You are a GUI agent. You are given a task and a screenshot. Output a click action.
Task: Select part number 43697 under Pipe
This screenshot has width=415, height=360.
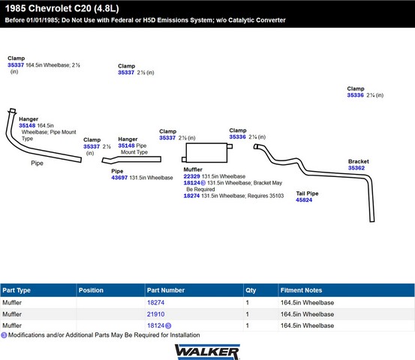(x=119, y=178)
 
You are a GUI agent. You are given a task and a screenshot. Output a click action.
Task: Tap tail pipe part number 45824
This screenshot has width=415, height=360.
(x=304, y=200)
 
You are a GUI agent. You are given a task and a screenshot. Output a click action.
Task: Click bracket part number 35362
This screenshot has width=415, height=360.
(x=356, y=168)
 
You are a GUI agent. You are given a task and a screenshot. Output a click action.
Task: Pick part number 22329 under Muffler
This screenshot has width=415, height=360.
(x=191, y=176)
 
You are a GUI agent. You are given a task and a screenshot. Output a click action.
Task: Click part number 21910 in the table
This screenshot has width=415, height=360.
(x=155, y=314)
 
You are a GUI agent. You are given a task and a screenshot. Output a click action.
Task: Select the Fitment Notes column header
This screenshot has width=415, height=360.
(x=301, y=290)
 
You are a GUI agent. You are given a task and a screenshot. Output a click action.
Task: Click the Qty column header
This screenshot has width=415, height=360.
(x=251, y=290)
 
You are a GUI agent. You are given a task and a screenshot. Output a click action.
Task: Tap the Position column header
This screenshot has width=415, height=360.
(x=91, y=290)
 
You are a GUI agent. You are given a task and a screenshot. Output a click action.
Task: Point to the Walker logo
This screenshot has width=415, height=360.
(x=207, y=352)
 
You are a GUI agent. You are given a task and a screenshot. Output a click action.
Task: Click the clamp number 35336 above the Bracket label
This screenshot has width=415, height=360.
(x=355, y=95)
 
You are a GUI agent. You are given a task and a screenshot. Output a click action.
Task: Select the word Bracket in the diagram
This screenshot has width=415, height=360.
(x=359, y=161)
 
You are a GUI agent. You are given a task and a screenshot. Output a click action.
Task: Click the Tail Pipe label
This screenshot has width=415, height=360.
(x=307, y=193)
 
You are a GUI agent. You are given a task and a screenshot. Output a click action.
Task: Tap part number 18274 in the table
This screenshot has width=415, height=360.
(x=155, y=302)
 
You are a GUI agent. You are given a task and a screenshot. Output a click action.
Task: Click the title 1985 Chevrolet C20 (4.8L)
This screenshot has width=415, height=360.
(x=62, y=8)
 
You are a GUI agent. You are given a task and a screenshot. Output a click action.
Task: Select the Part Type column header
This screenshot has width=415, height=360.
(x=17, y=290)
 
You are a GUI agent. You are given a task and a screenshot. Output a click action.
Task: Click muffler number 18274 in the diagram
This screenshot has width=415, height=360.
(x=191, y=196)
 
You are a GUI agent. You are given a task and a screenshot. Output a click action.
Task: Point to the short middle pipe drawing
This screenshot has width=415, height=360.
(x=131, y=159)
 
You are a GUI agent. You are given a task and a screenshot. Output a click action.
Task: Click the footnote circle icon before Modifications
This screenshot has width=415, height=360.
(x=4, y=335)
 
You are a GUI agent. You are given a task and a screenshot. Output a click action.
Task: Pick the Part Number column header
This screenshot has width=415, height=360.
(x=166, y=290)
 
